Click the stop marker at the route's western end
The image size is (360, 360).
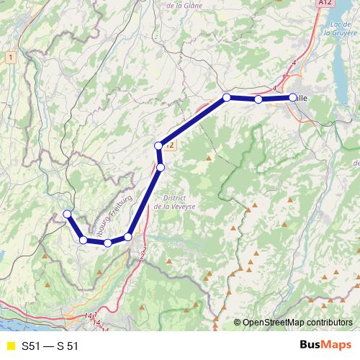point(67,214)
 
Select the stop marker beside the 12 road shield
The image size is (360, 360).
point(158,146)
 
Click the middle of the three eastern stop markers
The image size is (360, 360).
point(258,99)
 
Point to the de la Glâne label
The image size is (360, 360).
point(183,5)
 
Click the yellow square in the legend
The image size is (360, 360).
point(10,346)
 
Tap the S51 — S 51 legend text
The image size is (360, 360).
point(50,346)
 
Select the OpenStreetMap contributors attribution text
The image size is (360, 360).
point(298,322)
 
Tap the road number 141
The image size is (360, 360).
point(90,315)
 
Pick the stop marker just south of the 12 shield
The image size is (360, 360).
point(161,167)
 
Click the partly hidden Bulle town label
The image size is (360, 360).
point(302,97)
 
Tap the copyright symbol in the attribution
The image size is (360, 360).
point(238,322)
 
